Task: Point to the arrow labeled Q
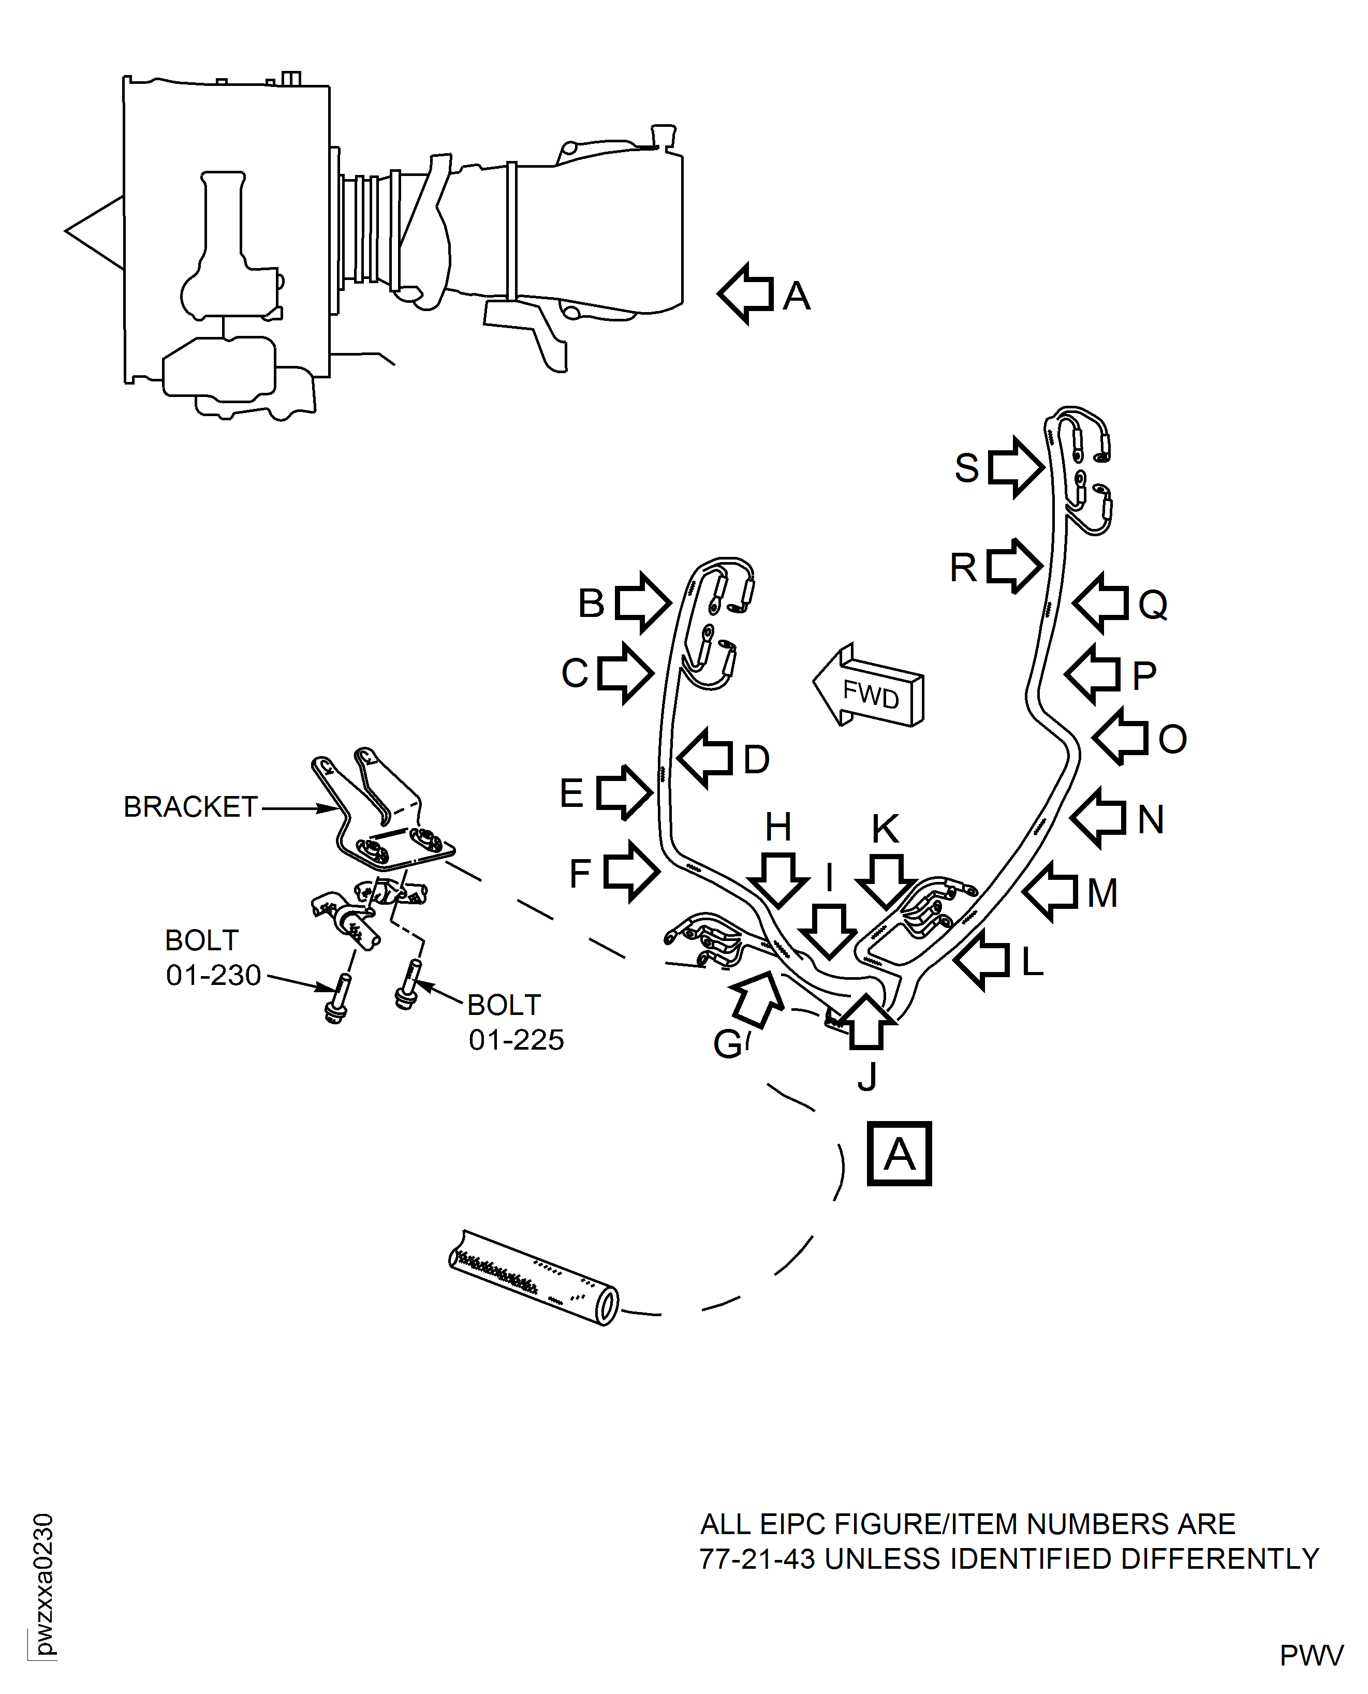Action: click(1101, 603)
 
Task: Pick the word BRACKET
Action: click(190, 807)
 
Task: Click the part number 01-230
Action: click(213, 976)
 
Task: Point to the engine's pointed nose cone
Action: click(86, 231)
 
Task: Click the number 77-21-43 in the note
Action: click(757, 1558)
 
